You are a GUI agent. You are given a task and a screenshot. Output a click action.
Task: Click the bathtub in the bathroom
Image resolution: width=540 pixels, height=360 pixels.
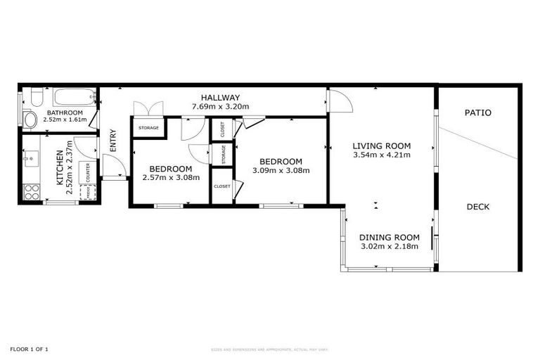(75, 97)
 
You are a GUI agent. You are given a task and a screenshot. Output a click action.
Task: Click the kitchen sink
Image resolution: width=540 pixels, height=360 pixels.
(29, 159)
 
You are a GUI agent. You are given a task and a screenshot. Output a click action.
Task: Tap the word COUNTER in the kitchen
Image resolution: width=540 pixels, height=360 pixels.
(89, 172)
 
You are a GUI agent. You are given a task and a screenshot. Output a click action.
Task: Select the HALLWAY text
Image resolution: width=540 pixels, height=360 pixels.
(220, 98)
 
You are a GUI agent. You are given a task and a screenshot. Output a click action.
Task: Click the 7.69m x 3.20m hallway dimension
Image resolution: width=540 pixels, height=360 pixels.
(220, 107)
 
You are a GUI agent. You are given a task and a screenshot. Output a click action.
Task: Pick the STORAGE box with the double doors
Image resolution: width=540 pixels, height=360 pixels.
(148, 127)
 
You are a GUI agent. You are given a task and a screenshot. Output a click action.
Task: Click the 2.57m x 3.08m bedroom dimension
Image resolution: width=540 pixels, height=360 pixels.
(171, 177)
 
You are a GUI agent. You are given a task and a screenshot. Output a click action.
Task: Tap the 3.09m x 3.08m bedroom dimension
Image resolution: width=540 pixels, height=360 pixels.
(281, 169)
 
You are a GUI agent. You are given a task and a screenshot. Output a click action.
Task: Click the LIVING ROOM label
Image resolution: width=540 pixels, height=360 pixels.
(381, 146)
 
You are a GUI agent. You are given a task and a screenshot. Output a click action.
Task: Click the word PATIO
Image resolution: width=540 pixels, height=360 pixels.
(478, 112)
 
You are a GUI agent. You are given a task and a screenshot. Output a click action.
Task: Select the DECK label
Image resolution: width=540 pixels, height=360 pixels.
(477, 207)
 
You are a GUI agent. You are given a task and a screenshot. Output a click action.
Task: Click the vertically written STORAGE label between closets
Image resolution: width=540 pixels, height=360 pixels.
(223, 153)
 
